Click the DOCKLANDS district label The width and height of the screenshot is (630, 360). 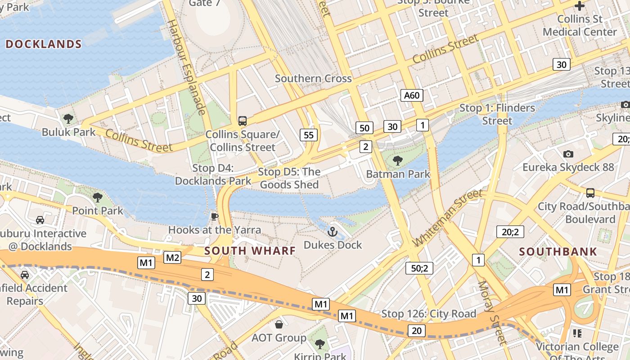[x=44, y=44]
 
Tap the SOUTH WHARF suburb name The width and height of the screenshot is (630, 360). [x=250, y=251]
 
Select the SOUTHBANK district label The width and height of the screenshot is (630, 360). [x=558, y=252]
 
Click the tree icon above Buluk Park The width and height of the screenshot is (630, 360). [x=68, y=119]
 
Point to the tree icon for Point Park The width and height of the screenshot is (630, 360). [x=97, y=197]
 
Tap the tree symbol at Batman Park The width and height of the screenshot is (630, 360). [x=397, y=161]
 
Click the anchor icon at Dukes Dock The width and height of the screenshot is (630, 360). [x=332, y=232]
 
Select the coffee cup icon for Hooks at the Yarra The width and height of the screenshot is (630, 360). [x=214, y=217]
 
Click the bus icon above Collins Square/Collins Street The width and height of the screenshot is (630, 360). [x=243, y=121]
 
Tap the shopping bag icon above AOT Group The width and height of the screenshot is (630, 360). [x=279, y=324]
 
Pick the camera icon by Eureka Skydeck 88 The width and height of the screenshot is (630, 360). [x=568, y=154]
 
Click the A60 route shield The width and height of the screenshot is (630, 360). [x=412, y=95]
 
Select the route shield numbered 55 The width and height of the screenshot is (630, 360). [x=309, y=135]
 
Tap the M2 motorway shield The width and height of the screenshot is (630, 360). [x=172, y=257]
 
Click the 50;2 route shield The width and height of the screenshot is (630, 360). [x=419, y=268]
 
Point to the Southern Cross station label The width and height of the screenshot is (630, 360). [x=313, y=78]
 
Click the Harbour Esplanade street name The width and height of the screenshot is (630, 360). [x=187, y=67]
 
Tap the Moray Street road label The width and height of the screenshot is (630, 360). [x=492, y=313]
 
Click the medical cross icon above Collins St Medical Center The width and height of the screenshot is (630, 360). [x=580, y=6]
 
